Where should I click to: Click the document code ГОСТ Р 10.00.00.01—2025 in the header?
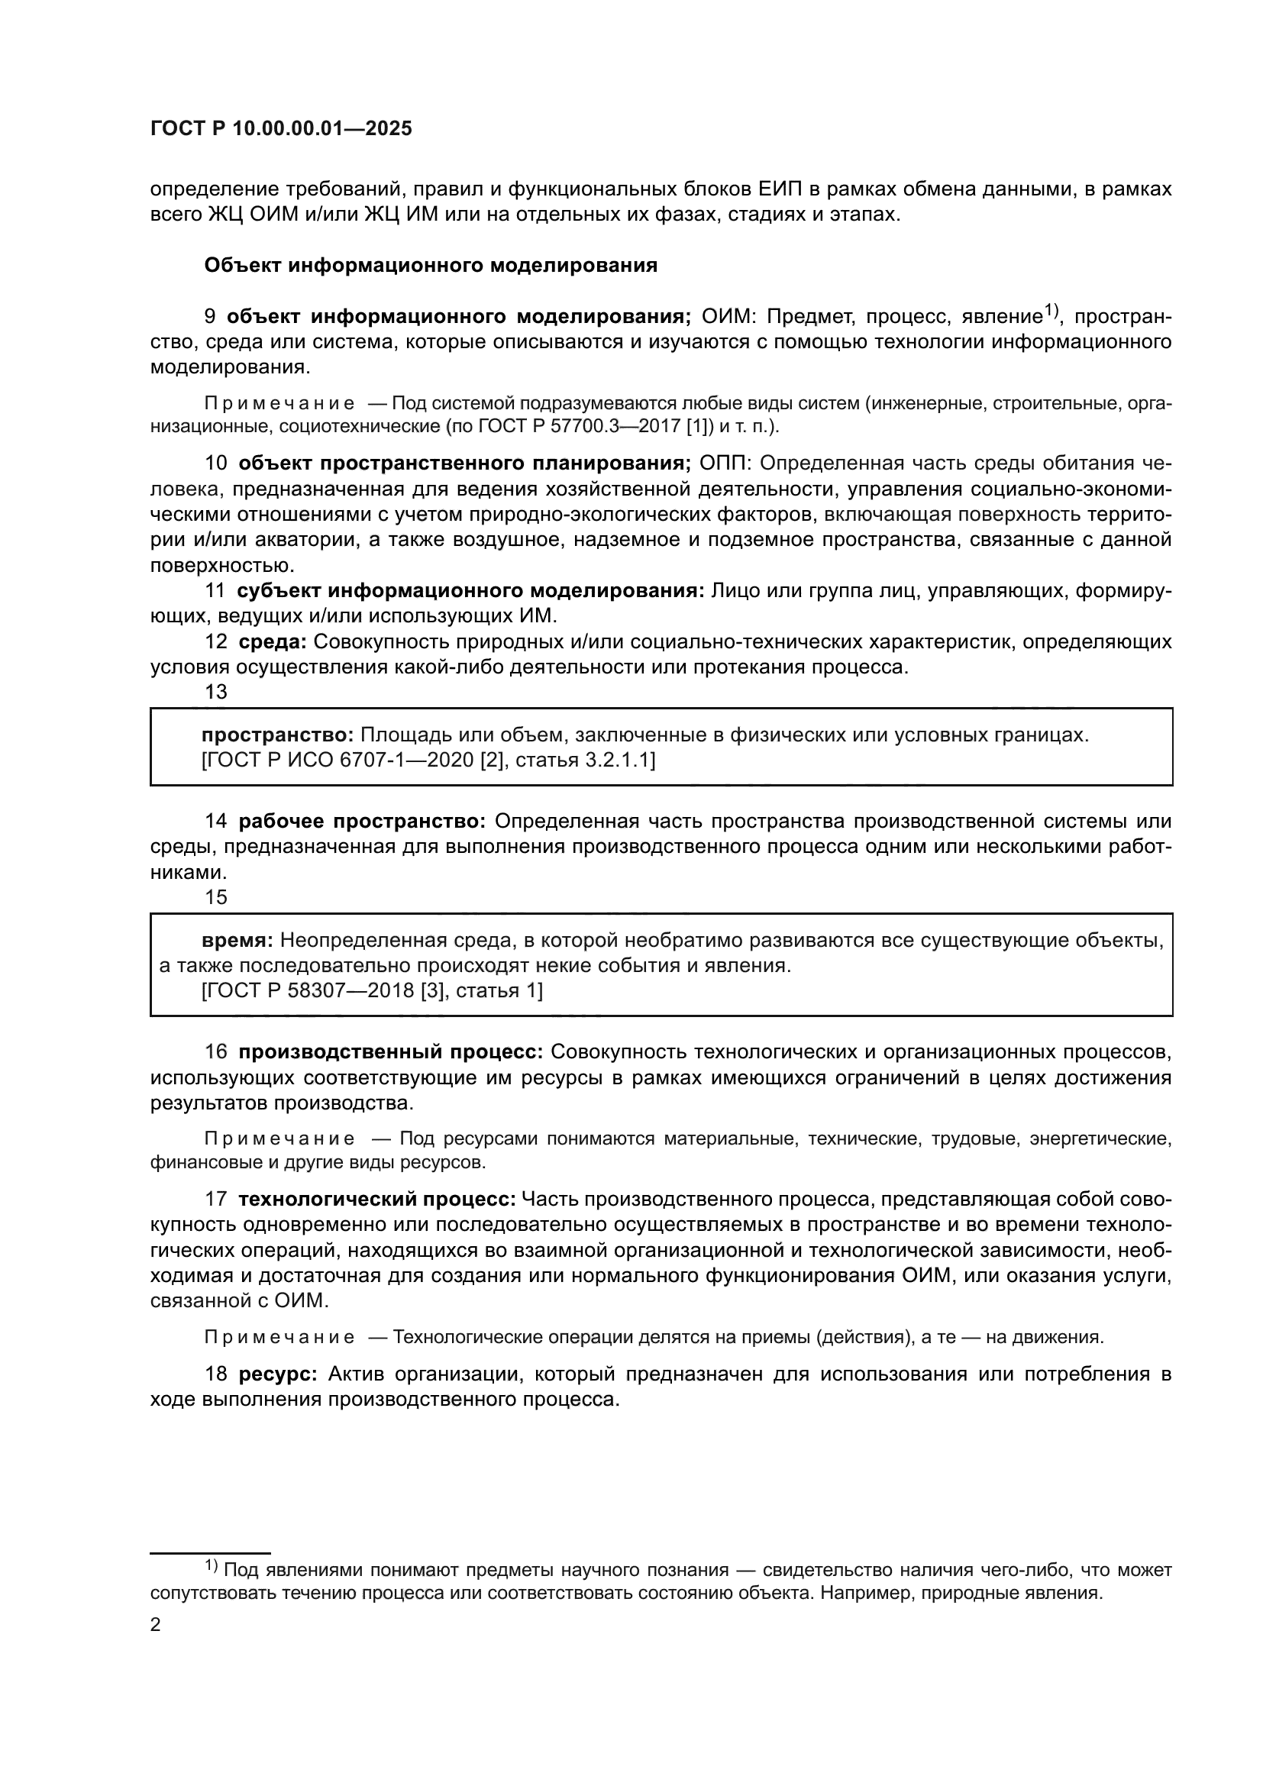[x=281, y=129]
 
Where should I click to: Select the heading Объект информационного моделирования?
[x=430, y=266]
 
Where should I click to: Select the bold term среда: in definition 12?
[x=272, y=642]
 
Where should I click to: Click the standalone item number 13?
[x=215, y=693]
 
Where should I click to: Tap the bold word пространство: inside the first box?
[x=278, y=735]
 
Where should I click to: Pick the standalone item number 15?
[x=215, y=898]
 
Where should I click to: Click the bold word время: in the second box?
[x=237, y=941]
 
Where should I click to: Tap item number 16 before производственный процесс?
[x=215, y=1052]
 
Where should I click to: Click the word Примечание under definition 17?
[x=279, y=1338]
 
